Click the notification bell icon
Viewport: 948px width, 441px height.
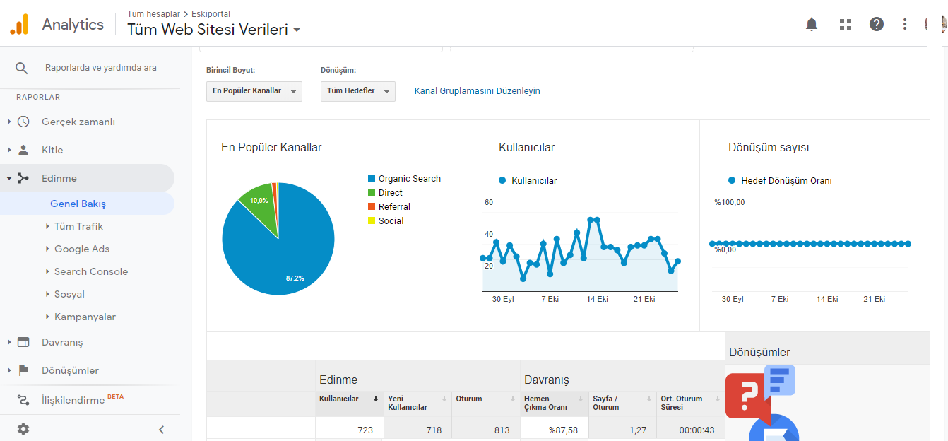click(x=811, y=25)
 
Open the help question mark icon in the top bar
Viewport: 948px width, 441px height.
click(x=877, y=25)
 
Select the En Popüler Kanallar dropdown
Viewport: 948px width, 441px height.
click(x=254, y=91)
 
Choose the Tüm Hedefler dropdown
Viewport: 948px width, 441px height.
click(x=357, y=91)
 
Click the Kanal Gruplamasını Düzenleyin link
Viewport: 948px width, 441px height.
click(x=477, y=91)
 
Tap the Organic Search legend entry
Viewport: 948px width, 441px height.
click(x=404, y=179)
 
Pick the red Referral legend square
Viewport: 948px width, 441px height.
click(x=372, y=206)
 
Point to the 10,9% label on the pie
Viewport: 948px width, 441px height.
click(x=259, y=201)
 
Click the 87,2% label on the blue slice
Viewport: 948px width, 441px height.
click(x=295, y=278)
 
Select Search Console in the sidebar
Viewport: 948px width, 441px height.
click(x=91, y=271)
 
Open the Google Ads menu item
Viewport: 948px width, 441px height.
click(x=82, y=249)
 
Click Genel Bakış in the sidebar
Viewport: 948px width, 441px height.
click(x=78, y=204)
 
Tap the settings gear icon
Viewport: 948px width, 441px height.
click(x=23, y=429)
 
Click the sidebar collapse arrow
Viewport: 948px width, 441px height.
click(x=161, y=430)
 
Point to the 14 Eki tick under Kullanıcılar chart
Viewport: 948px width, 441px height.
click(x=597, y=299)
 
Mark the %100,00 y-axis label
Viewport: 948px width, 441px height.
click(x=730, y=202)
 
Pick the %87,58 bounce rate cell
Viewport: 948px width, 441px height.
click(x=563, y=430)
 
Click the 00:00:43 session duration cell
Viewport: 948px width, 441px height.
click(x=697, y=430)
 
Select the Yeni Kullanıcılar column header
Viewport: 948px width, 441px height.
click(x=408, y=403)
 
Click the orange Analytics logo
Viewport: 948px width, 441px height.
click(x=20, y=24)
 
